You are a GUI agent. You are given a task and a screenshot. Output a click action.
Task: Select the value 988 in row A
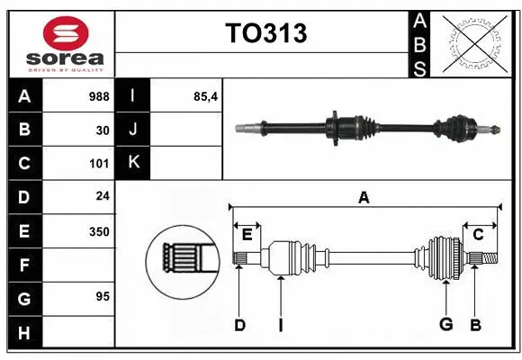99,95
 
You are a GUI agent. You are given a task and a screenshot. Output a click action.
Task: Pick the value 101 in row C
99,164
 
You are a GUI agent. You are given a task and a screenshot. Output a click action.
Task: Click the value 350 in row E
99,231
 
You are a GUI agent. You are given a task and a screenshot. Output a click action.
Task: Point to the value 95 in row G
103,297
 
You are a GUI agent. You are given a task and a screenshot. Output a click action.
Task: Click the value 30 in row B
103,130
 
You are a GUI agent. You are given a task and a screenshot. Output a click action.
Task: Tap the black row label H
24,333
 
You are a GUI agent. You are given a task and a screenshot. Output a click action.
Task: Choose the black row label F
24,265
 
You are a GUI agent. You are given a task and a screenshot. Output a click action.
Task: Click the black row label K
133,163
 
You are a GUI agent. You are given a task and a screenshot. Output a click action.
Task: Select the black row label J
133,130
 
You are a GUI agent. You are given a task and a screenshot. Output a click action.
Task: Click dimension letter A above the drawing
364,198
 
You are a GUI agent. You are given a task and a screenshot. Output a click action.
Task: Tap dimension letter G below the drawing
445,325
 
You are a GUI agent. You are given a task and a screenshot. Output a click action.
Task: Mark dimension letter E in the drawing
247,235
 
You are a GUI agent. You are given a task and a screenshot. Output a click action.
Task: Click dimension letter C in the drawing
478,235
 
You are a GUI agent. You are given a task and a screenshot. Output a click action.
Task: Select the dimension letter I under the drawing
280,325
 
